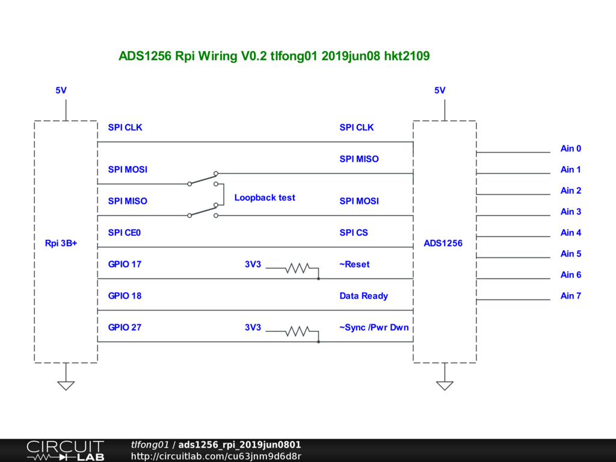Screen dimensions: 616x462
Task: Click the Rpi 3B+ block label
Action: point(61,244)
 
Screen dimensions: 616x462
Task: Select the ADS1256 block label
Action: point(443,244)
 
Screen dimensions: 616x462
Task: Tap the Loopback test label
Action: point(265,197)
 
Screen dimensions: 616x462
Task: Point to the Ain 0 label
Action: point(571,149)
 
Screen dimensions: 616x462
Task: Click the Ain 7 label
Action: point(571,296)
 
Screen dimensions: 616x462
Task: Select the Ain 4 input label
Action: point(571,233)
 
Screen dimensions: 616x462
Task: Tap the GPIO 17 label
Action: point(125,264)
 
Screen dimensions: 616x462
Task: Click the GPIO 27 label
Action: point(125,327)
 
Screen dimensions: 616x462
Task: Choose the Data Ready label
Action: point(364,296)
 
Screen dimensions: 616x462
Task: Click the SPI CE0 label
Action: point(125,233)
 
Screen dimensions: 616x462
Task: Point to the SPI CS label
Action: point(354,233)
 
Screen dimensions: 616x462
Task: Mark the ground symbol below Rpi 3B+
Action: point(66,385)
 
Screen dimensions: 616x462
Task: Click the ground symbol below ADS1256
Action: point(445,385)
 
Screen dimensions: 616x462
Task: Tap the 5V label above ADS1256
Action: point(440,90)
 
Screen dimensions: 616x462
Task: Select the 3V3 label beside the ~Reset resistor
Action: point(253,264)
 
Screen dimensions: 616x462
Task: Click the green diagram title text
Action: point(274,56)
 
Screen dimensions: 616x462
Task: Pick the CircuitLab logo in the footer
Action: point(65,450)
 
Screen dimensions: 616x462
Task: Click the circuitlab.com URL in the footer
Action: point(216,456)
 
